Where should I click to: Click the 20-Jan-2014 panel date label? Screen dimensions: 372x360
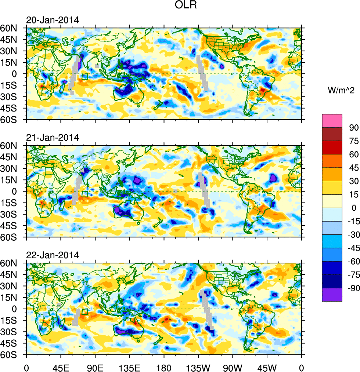coord(52,20)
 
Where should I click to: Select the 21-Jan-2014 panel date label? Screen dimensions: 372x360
coord(52,138)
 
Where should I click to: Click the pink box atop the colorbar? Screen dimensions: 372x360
coord(332,121)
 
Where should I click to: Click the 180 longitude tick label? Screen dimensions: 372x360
coord(164,367)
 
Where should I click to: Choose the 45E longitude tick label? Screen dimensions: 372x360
coord(61,367)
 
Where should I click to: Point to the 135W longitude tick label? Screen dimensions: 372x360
coord(198,367)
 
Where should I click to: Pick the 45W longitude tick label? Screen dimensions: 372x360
coord(267,367)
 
